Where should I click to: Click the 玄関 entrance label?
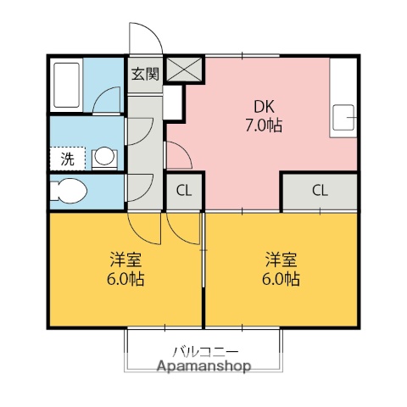[145, 73]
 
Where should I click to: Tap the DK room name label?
[263, 108]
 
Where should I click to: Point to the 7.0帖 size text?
[263, 125]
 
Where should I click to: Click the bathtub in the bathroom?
[66, 85]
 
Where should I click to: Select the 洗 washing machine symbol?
[66, 158]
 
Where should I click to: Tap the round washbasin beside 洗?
[103, 157]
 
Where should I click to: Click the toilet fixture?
[69, 191]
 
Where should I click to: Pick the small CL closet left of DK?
[183, 191]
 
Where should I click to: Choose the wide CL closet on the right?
[320, 191]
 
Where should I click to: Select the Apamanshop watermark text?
[203, 366]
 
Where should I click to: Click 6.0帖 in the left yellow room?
[124, 278]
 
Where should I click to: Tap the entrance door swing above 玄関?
[144, 39]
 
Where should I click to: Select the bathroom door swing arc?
[106, 101]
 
